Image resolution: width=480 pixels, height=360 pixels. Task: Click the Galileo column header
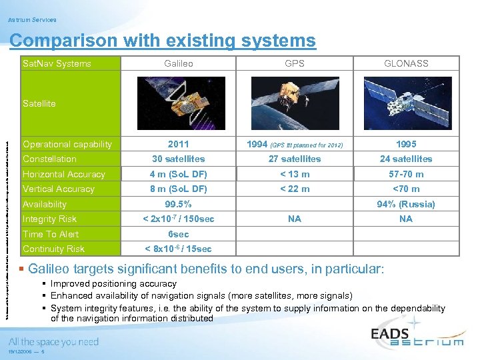(179, 63)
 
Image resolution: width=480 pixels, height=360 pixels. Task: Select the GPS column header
(294, 63)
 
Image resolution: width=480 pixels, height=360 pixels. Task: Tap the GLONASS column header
(406, 63)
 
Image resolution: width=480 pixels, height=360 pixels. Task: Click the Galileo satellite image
(179, 103)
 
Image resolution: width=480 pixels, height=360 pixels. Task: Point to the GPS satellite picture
(294, 103)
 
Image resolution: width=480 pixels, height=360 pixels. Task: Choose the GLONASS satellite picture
(406, 103)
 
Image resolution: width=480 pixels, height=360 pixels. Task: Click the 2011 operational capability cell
(179, 144)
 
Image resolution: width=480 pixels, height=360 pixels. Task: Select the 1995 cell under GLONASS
(406, 144)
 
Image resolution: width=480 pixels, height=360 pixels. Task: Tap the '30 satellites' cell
(179, 159)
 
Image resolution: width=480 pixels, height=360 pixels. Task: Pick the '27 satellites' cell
(294, 159)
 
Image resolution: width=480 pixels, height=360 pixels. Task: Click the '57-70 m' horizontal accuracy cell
(406, 174)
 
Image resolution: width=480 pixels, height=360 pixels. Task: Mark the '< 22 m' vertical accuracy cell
(294, 189)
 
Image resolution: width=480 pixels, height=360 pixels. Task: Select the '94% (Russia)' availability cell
(406, 204)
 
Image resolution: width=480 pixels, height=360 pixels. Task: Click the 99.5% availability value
(179, 204)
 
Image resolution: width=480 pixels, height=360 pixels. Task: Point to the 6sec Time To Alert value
(179, 234)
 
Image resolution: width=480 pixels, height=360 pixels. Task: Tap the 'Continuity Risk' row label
(53, 249)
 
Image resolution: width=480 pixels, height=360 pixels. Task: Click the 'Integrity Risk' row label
(50, 219)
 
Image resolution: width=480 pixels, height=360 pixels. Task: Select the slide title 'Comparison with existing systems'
(163, 41)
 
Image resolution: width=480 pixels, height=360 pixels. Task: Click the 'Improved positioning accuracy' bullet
(113, 284)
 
